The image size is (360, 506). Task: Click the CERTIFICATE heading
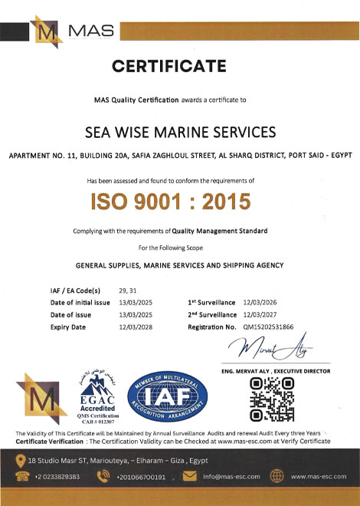(x=179, y=67)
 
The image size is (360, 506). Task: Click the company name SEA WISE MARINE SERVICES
(x=180, y=133)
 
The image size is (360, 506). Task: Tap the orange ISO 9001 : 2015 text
(x=181, y=202)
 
